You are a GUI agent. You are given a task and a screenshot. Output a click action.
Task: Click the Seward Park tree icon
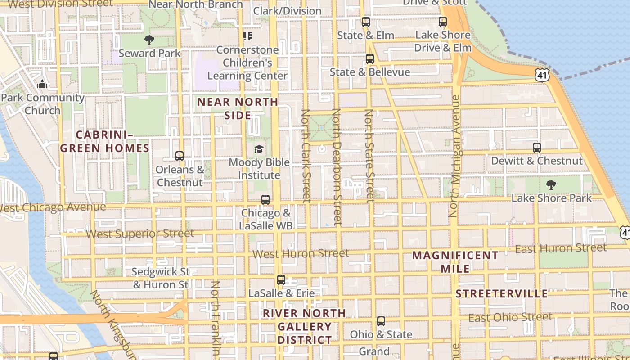click(149, 40)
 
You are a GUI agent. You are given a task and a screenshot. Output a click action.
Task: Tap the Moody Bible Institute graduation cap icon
click(259, 149)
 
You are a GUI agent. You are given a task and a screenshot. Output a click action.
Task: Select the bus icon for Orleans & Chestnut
click(180, 156)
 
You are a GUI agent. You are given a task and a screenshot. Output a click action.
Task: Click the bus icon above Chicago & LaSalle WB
click(265, 199)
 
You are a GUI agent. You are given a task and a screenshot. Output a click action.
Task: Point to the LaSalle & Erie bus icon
click(281, 280)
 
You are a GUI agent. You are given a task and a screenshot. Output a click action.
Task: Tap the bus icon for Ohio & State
click(381, 321)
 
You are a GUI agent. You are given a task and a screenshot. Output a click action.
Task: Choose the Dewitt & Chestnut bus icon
click(536, 147)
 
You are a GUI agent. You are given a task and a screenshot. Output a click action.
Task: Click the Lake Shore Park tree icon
click(551, 184)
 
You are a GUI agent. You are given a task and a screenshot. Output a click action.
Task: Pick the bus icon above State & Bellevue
click(369, 58)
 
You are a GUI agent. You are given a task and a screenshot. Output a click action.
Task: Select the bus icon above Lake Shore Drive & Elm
click(443, 21)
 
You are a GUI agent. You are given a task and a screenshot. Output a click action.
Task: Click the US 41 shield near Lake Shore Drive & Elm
click(542, 75)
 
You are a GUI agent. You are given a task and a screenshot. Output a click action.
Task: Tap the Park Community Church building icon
click(42, 84)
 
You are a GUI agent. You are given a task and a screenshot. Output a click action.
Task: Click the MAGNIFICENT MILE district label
click(455, 262)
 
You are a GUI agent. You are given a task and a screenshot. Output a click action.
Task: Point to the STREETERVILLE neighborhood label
click(502, 294)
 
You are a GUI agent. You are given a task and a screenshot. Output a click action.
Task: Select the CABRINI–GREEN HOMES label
click(105, 141)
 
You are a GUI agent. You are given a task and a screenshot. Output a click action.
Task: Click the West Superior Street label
click(140, 234)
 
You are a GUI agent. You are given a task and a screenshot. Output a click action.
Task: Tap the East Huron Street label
click(561, 248)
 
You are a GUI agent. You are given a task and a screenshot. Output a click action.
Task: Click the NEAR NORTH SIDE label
click(238, 108)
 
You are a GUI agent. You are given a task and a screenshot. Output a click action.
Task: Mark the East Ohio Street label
click(510, 317)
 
